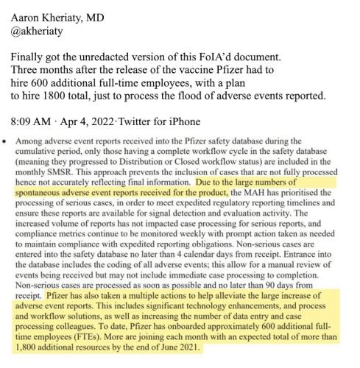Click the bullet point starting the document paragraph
[x=7, y=139]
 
